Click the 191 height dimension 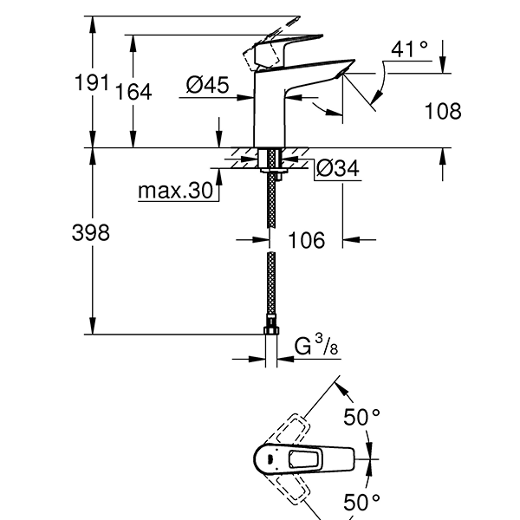point(89,84)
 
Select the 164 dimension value point(134,92)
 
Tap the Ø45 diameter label point(207,85)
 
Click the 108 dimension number point(443,111)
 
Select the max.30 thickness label point(176,192)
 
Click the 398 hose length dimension point(91,232)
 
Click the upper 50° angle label point(361,418)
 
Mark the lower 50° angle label point(361,501)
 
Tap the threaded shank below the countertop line point(271,165)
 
